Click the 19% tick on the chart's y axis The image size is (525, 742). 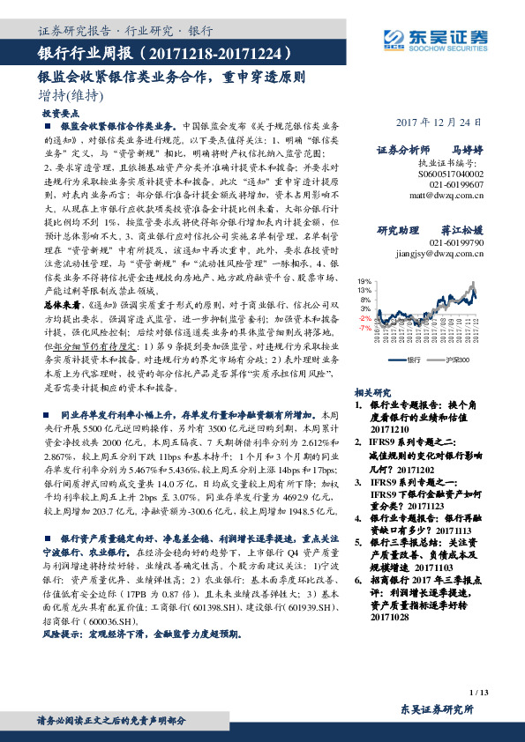[364, 281]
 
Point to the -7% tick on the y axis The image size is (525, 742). [364, 327]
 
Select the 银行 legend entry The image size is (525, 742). [410, 360]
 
